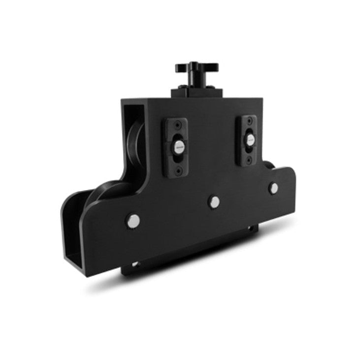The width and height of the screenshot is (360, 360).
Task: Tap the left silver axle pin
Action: pyautogui.click(x=133, y=221)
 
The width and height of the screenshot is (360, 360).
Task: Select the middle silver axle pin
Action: pyautogui.click(x=214, y=201)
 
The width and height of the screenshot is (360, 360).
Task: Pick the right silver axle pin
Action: pyautogui.click(x=273, y=188)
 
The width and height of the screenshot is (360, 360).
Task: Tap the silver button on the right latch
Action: pyautogui.click(x=250, y=139)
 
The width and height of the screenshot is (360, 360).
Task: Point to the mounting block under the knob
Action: pyautogui.click(x=196, y=92)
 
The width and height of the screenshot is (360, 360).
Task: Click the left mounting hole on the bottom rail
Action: pyautogui.click(x=134, y=264)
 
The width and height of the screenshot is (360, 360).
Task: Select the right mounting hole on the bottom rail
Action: pyautogui.click(x=250, y=228)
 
